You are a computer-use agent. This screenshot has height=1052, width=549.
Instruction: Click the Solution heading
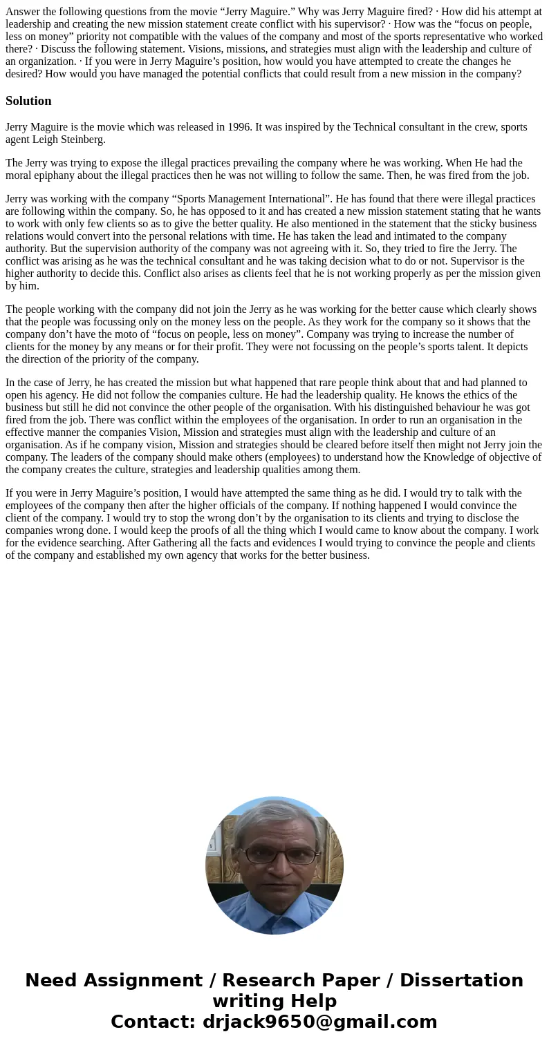28,101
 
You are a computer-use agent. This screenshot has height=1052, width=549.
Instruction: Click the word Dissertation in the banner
461,981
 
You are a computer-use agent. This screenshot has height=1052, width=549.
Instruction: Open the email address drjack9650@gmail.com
319,1022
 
